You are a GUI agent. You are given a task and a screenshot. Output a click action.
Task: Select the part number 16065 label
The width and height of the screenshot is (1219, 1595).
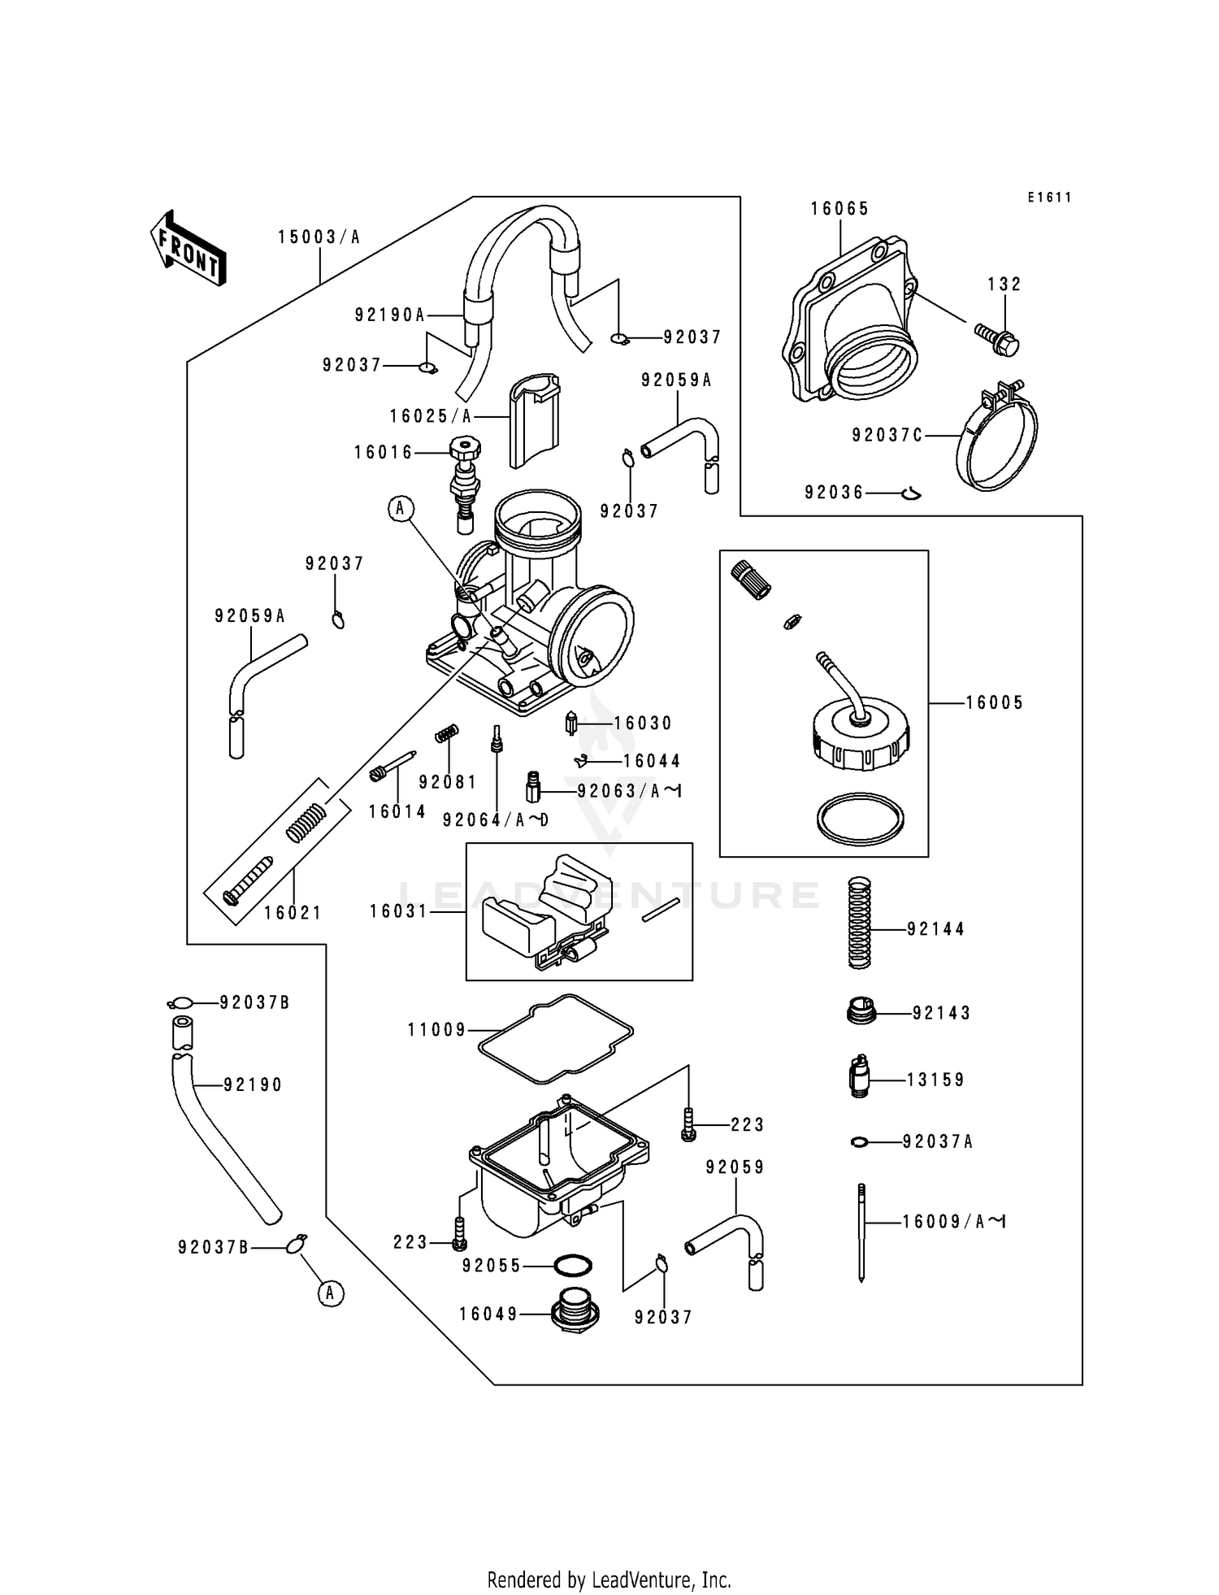coord(839,209)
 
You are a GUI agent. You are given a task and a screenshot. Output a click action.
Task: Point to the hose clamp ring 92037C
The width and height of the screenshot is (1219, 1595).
coord(998,439)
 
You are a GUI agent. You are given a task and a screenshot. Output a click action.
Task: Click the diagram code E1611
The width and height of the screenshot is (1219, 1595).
coord(1049,198)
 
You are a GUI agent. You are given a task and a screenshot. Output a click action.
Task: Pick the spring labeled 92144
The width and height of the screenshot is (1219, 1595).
coord(859,922)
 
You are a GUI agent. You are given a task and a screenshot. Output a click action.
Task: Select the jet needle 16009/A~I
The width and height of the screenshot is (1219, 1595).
coord(861,1232)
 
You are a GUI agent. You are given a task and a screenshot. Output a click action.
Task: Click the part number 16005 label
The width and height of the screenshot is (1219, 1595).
coord(994,703)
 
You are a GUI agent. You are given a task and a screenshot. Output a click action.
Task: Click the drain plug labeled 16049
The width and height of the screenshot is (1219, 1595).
coord(574,1311)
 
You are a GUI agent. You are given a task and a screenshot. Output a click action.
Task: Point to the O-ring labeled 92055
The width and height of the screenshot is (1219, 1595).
coord(572,1266)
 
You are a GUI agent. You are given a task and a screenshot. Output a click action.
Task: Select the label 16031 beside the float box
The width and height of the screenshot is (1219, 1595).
coord(398,912)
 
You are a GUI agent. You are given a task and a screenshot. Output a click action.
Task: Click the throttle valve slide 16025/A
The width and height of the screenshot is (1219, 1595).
coord(535,420)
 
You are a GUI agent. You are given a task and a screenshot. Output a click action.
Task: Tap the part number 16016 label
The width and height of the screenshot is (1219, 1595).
coord(383,453)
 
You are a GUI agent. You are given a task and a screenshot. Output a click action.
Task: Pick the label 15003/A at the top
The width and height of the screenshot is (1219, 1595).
coord(319,237)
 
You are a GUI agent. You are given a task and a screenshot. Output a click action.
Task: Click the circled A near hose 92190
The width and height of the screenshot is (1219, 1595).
coord(330,1293)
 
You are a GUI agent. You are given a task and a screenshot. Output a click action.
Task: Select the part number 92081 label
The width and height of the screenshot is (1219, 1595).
coord(448,782)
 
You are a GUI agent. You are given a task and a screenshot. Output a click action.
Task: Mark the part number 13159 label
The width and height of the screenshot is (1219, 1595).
coord(935,1080)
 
